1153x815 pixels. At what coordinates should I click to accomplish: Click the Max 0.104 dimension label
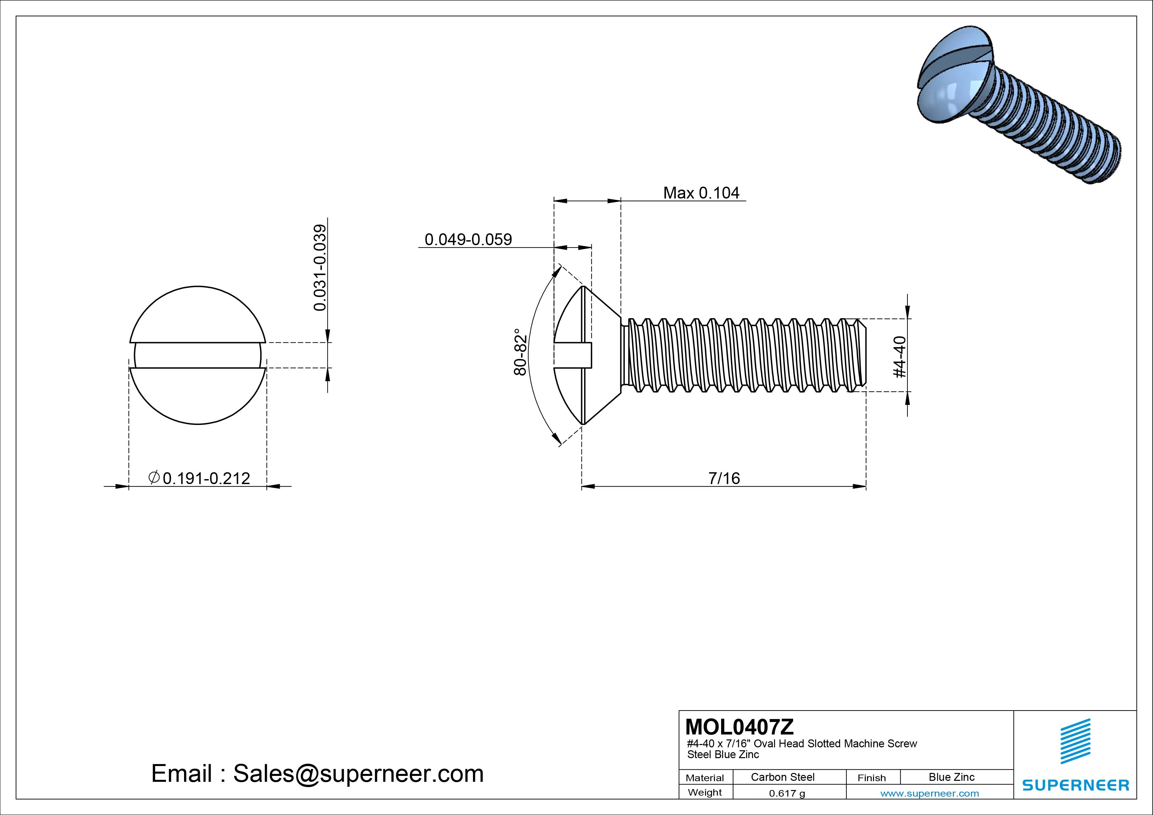701,193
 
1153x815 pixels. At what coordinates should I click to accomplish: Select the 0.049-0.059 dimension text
468,240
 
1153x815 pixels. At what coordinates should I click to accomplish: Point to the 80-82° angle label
520,352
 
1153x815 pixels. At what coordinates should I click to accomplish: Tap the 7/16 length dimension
724,478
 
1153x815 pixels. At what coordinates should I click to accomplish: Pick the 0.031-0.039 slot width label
320,268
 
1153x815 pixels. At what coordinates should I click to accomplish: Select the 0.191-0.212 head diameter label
206,478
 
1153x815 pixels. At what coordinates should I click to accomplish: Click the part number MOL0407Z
739,727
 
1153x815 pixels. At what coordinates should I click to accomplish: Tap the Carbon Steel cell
782,777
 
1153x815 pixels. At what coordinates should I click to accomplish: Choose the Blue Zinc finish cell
951,777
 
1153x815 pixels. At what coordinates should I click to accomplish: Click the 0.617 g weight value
787,793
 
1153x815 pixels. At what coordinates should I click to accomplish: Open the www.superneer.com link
929,793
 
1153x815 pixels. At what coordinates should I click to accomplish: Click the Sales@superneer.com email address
358,774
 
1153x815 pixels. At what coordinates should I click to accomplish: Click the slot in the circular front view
197,356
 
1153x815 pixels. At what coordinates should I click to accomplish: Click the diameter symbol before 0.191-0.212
154,477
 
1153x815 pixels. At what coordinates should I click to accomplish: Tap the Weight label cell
705,792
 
